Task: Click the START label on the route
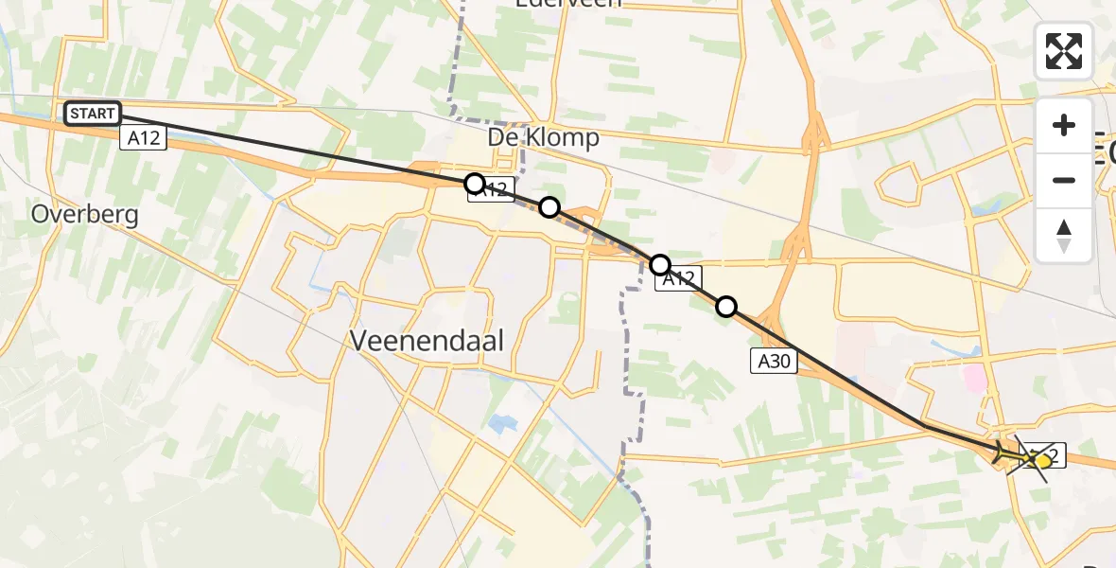coord(93,115)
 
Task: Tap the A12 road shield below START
coord(144,138)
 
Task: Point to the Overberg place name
coord(84,214)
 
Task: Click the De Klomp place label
coord(543,138)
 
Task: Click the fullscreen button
coord(1064,50)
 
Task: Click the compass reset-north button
coord(1064,235)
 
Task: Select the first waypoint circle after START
coord(475,184)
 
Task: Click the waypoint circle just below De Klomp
coord(549,207)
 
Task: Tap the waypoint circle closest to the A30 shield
coord(726,306)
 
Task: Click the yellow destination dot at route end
coord(1042,460)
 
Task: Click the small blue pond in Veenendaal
coord(500,423)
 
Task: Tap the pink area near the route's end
coord(973,380)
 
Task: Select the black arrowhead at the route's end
coord(1004,455)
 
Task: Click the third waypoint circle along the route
coord(660,264)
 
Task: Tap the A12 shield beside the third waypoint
coord(680,279)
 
